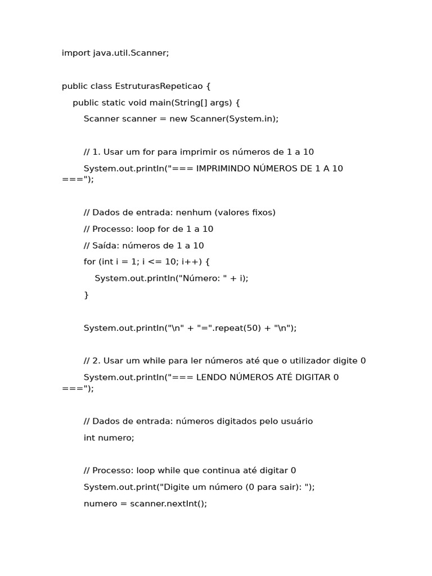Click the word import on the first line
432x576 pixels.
[75, 53]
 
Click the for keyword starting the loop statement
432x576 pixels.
[89, 262]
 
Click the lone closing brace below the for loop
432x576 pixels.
[86, 295]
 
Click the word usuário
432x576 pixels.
[296, 421]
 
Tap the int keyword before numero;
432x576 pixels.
[89, 438]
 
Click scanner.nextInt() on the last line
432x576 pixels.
[167, 503]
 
